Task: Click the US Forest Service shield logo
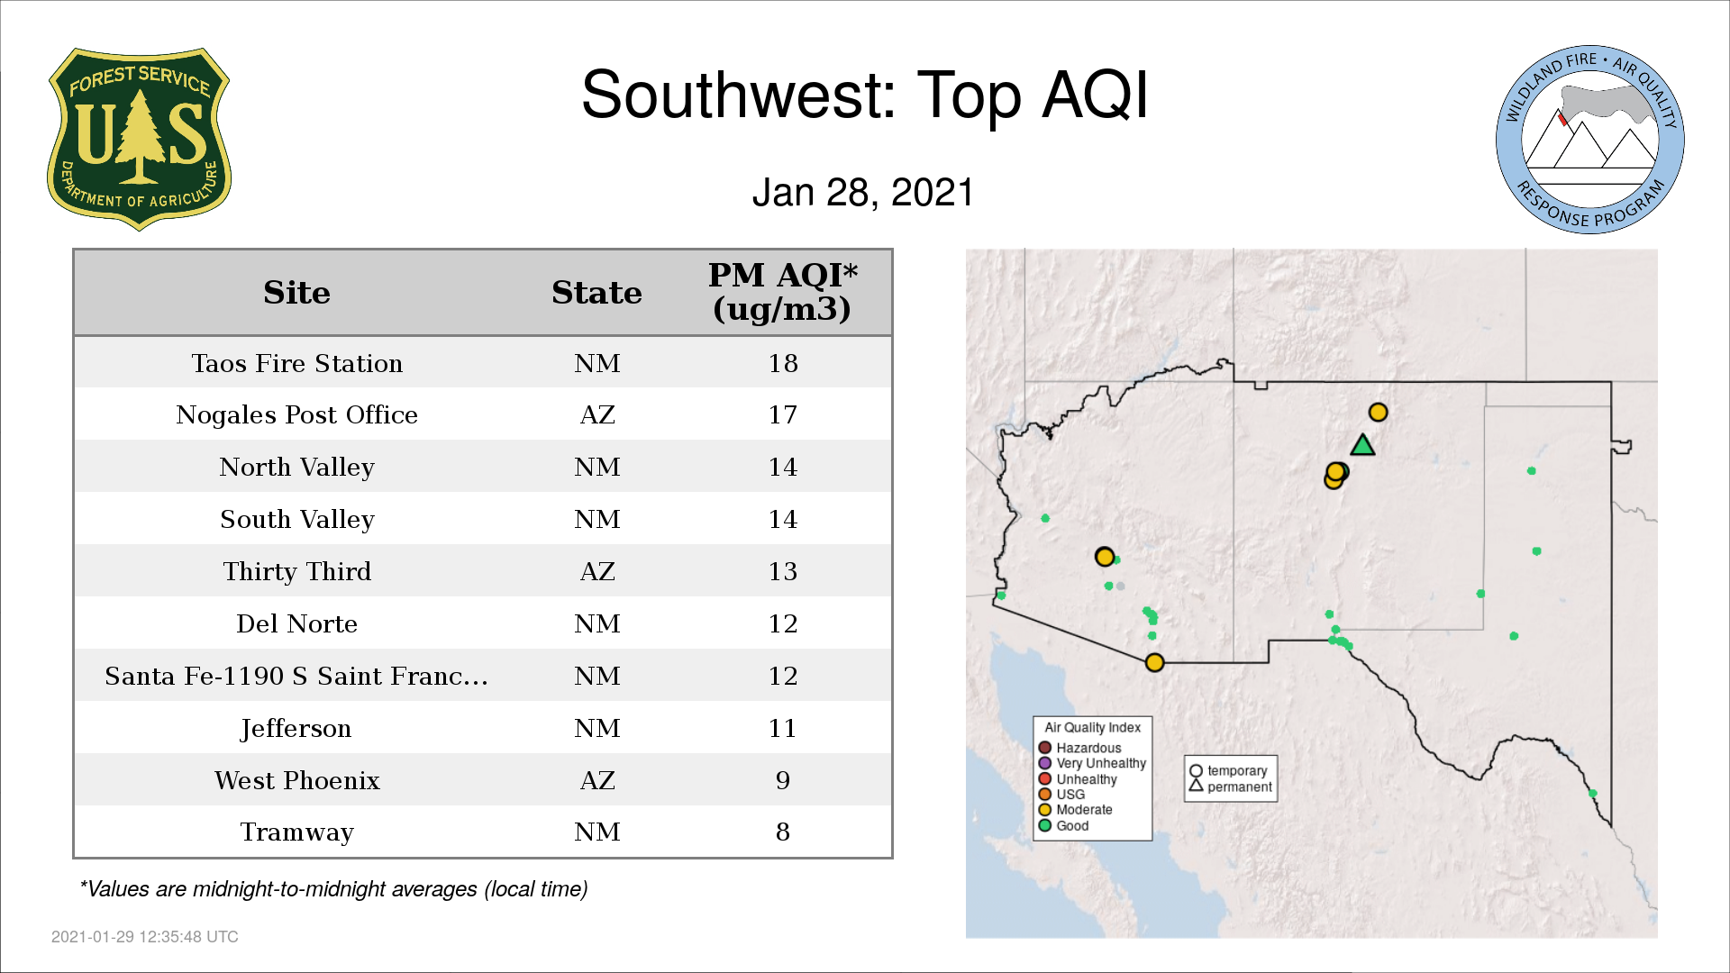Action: pos(139,139)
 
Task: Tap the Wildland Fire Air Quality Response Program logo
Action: pos(1590,140)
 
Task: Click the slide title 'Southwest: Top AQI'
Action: pos(865,95)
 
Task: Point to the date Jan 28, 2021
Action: pos(863,193)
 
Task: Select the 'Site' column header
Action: pos(296,293)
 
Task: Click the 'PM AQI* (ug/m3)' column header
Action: pos(782,292)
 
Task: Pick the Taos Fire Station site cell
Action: pos(296,363)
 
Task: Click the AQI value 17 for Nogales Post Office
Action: pos(782,414)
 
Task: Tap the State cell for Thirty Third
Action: pos(597,571)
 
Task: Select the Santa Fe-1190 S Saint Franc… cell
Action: pos(296,676)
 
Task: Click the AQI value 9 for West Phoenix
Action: pos(782,780)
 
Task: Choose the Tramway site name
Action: pos(296,832)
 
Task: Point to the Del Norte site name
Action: pos(296,623)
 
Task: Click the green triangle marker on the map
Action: pos(1362,445)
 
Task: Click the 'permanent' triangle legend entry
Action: pos(1231,787)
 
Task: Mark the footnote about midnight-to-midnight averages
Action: pos(333,889)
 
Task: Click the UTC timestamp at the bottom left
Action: pos(145,937)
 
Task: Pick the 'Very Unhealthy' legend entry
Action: pos(1092,763)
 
